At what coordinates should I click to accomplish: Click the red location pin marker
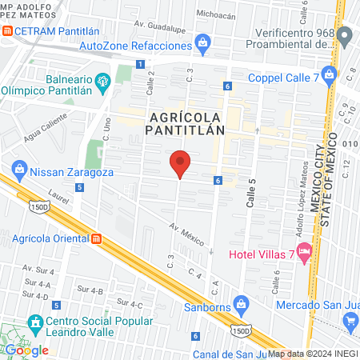181,164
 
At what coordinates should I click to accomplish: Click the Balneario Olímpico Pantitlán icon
102,81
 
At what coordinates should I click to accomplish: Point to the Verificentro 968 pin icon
345,36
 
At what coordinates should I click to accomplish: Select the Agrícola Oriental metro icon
97,238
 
